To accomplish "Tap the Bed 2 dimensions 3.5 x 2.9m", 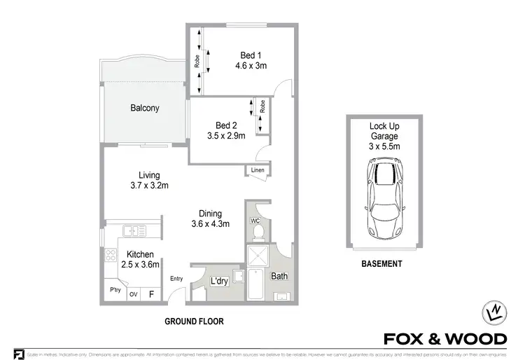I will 225,136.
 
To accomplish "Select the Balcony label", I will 145,109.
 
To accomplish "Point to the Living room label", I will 148,175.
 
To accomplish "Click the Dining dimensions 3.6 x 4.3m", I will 210,225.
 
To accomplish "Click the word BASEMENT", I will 381,264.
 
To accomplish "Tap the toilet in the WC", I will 256,230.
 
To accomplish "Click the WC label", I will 255,220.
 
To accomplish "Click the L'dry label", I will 219,282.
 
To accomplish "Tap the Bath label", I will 279,277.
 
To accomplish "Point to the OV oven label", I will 133,295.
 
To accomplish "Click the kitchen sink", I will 132,230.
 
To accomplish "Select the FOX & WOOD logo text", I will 445,339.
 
